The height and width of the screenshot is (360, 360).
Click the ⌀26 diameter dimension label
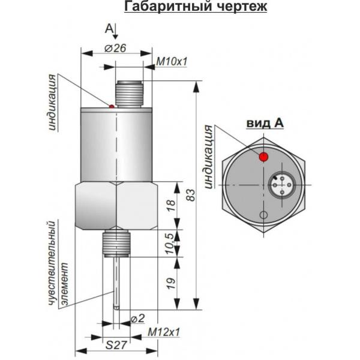(x=115, y=49)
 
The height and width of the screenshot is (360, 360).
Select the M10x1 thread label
(x=172, y=61)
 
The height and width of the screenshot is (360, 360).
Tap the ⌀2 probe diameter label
(x=137, y=317)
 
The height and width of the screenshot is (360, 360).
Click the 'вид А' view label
(x=264, y=123)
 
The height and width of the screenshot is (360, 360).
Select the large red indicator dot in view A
(x=263, y=157)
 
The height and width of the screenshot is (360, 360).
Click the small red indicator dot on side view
(x=112, y=107)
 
